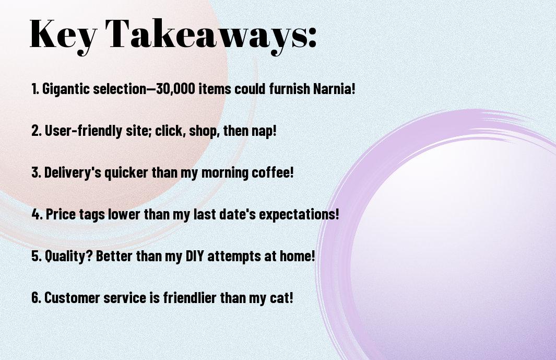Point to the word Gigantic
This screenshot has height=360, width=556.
pyautogui.click(x=66, y=89)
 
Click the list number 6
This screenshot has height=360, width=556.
pyautogui.click(x=36, y=297)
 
